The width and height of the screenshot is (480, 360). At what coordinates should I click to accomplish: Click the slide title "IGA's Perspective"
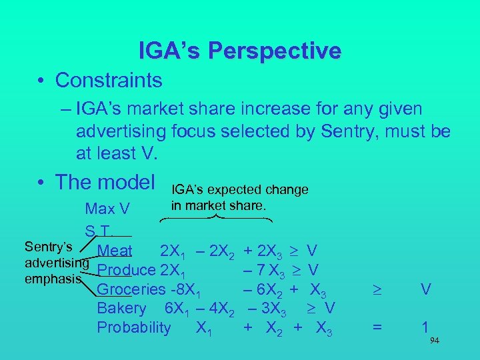(x=239, y=51)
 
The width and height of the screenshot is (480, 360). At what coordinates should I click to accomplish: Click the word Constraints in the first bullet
(x=109, y=81)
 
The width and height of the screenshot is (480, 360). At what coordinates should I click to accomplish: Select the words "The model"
(x=105, y=181)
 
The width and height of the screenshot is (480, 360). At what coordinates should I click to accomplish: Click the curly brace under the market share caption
(x=221, y=218)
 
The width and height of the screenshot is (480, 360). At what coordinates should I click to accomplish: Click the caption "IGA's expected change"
(x=239, y=190)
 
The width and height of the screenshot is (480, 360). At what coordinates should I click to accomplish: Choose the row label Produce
(x=125, y=271)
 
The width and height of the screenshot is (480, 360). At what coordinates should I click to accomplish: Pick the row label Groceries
(x=130, y=289)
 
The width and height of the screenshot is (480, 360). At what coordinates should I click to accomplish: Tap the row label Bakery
(x=121, y=308)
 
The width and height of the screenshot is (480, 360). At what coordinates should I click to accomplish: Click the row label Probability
(x=134, y=327)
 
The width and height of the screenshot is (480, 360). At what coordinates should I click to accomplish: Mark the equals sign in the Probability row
(x=377, y=327)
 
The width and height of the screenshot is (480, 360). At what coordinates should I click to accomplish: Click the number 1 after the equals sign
(x=425, y=327)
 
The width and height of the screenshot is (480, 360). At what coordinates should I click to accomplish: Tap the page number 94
(x=434, y=341)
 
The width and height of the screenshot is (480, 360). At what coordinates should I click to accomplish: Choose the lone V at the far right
(x=425, y=289)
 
